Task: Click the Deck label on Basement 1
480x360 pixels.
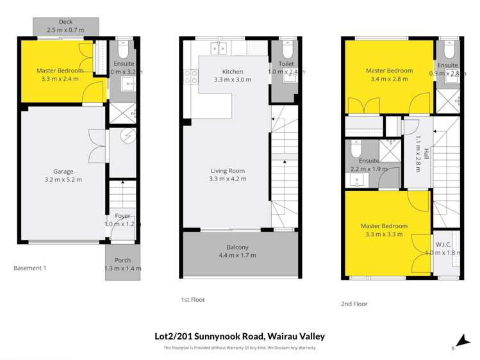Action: pos(65,21)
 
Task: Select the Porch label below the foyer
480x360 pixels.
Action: pos(122,260)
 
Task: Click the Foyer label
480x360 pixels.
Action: pos(122,216)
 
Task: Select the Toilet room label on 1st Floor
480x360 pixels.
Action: pos(286,65)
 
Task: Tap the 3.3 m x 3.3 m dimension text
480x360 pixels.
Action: pos(384,235)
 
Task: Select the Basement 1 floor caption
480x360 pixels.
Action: pos(30,268)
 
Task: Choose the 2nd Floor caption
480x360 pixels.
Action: pos(355,304)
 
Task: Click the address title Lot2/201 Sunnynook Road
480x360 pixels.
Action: pos(240,336)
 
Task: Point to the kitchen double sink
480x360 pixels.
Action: pos(218,47)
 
